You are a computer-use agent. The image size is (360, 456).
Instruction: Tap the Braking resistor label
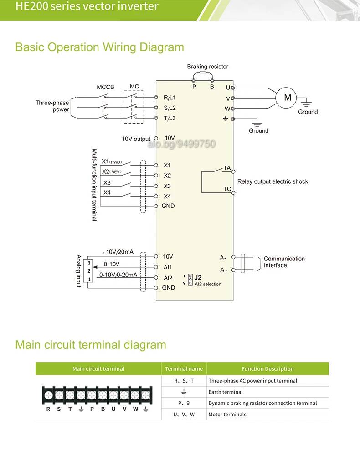pos(207,67)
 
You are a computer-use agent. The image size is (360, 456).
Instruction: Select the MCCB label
pos(105,87)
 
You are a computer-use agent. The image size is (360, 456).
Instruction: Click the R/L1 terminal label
pos(170,98)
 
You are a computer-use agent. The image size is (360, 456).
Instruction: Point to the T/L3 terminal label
pos(170,119)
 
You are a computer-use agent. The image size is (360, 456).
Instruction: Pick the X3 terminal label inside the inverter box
pos(167,186)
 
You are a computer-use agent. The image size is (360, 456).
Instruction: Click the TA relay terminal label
pos(227,168)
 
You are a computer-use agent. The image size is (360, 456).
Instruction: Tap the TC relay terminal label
pos(227,189)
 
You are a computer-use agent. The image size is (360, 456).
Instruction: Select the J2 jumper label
pos(198,277)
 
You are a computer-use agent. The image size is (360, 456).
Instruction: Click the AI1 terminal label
pos(168,267)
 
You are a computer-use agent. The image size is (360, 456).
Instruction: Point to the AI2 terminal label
pos(168,278)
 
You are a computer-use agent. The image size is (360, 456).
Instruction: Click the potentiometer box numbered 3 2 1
pos(88,271)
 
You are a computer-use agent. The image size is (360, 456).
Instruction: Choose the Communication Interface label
pos(284,262)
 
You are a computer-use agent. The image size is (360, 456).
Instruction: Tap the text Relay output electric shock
pos(273,181)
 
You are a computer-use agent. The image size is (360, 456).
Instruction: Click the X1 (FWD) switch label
pos(112,161)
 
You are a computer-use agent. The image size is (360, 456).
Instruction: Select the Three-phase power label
pos(52,106)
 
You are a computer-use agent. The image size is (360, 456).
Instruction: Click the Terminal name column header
pos(184,369)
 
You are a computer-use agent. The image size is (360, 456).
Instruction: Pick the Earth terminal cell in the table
pos(226,392)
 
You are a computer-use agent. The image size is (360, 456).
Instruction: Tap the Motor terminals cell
pos(227,415)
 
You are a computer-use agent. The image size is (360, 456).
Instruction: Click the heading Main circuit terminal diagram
pos(91,345)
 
